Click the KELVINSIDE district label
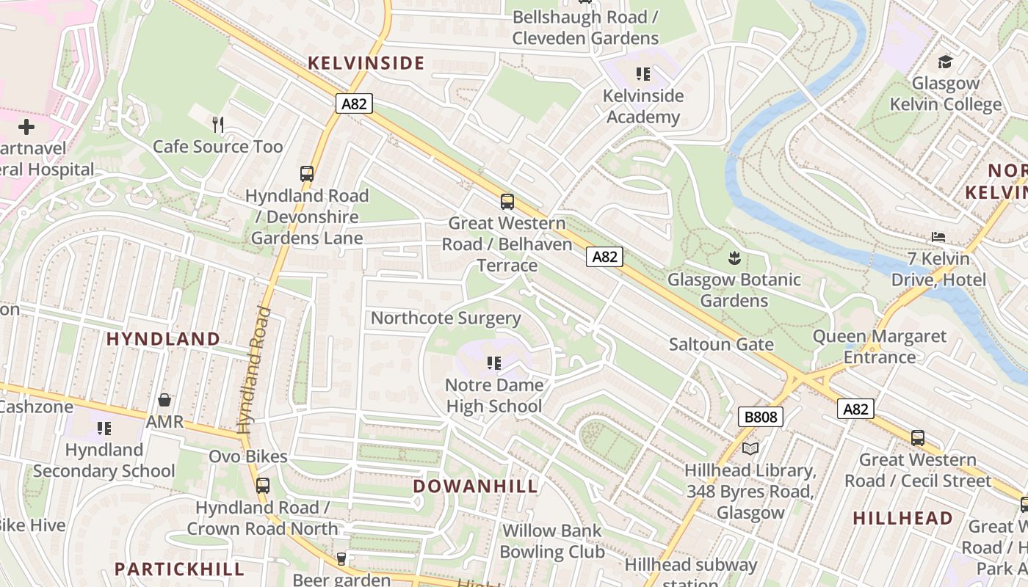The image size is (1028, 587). pos(366,63)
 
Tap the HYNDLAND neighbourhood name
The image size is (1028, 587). pos(163,339)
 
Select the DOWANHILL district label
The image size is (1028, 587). pos(475,486)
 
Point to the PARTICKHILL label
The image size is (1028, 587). pos(179,569)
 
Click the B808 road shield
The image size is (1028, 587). pos(760,418)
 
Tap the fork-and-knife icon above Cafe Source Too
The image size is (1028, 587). pos(217,124)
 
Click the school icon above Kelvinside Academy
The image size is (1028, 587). pos(643,73)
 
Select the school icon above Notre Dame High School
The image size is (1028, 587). pos(494,362)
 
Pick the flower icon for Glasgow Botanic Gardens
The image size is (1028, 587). pos(734,258)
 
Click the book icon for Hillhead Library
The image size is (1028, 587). pos(750,448)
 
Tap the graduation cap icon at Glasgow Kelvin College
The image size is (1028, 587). pos(945,62)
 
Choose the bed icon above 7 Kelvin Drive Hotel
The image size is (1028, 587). pos(938,236)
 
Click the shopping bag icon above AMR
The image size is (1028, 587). pos(164,400)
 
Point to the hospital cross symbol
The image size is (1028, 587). pos(26,127)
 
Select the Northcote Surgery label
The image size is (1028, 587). pos(446,318)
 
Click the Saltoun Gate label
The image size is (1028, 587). pos(721,344)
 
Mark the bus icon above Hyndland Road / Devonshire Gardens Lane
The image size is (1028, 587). pos(307,174)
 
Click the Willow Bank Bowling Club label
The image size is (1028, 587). pos(551,541)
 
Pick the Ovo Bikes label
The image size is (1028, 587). pos(248,456)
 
